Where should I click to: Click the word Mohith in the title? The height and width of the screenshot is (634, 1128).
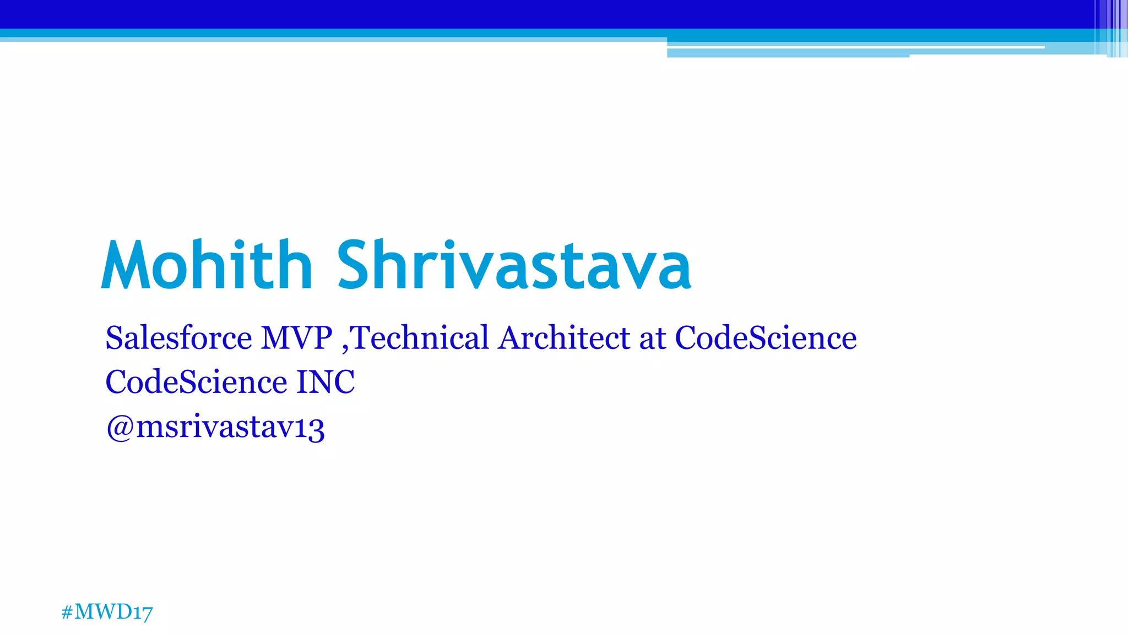click(207, 265)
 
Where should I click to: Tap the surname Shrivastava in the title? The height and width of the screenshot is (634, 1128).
click(514, 265)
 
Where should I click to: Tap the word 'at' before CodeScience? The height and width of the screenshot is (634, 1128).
click(652, 338)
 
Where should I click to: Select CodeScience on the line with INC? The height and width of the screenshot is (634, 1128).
click(196, 382)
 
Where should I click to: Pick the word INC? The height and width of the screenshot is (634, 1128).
click(326, 382)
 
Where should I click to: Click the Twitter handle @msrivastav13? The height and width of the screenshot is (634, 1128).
click(215, 427)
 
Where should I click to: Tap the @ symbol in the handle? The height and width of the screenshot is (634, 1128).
click(120, 427)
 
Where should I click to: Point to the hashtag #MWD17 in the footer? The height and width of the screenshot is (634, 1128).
click(107, 612)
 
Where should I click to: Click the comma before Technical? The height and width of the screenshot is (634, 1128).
click(345, 347)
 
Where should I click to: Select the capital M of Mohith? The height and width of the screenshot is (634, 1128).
click(123, 265)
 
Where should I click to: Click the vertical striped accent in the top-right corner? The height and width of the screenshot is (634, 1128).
click(1115, 28)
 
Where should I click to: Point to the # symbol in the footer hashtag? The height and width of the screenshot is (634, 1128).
click(67, 612)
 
